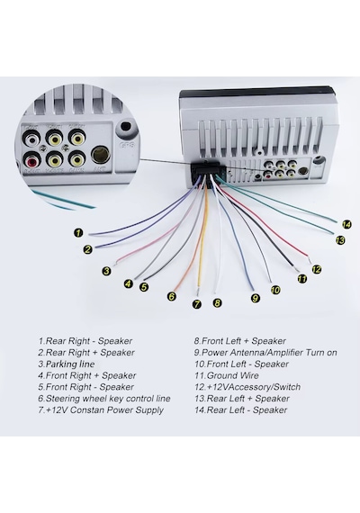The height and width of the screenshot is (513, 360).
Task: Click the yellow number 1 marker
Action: click(78, 233)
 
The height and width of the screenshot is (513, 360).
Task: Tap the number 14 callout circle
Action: click(346, 224)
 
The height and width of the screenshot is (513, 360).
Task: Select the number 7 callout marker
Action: click(197, 304)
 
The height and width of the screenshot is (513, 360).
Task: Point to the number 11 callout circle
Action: click(302, 278)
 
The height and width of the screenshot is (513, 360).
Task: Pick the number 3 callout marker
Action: click(106, 271)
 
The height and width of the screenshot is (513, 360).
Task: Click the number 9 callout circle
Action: click(256, 298)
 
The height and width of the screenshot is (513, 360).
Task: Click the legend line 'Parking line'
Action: click(67, 364)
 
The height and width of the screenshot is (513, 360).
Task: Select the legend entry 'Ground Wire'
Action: click(227, 375)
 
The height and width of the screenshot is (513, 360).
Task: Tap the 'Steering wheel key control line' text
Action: click(104, 399)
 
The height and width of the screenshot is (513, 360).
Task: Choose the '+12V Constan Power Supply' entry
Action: click(101, 409)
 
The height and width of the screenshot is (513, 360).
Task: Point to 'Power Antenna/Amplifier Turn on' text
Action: click(265, 353)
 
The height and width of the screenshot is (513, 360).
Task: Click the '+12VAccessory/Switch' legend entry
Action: click(247, 387)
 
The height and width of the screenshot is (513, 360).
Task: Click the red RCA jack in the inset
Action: click(33, 160)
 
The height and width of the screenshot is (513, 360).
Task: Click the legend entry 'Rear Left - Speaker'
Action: click(241, 409)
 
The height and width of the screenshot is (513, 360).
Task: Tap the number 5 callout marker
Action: click(144, 287)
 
